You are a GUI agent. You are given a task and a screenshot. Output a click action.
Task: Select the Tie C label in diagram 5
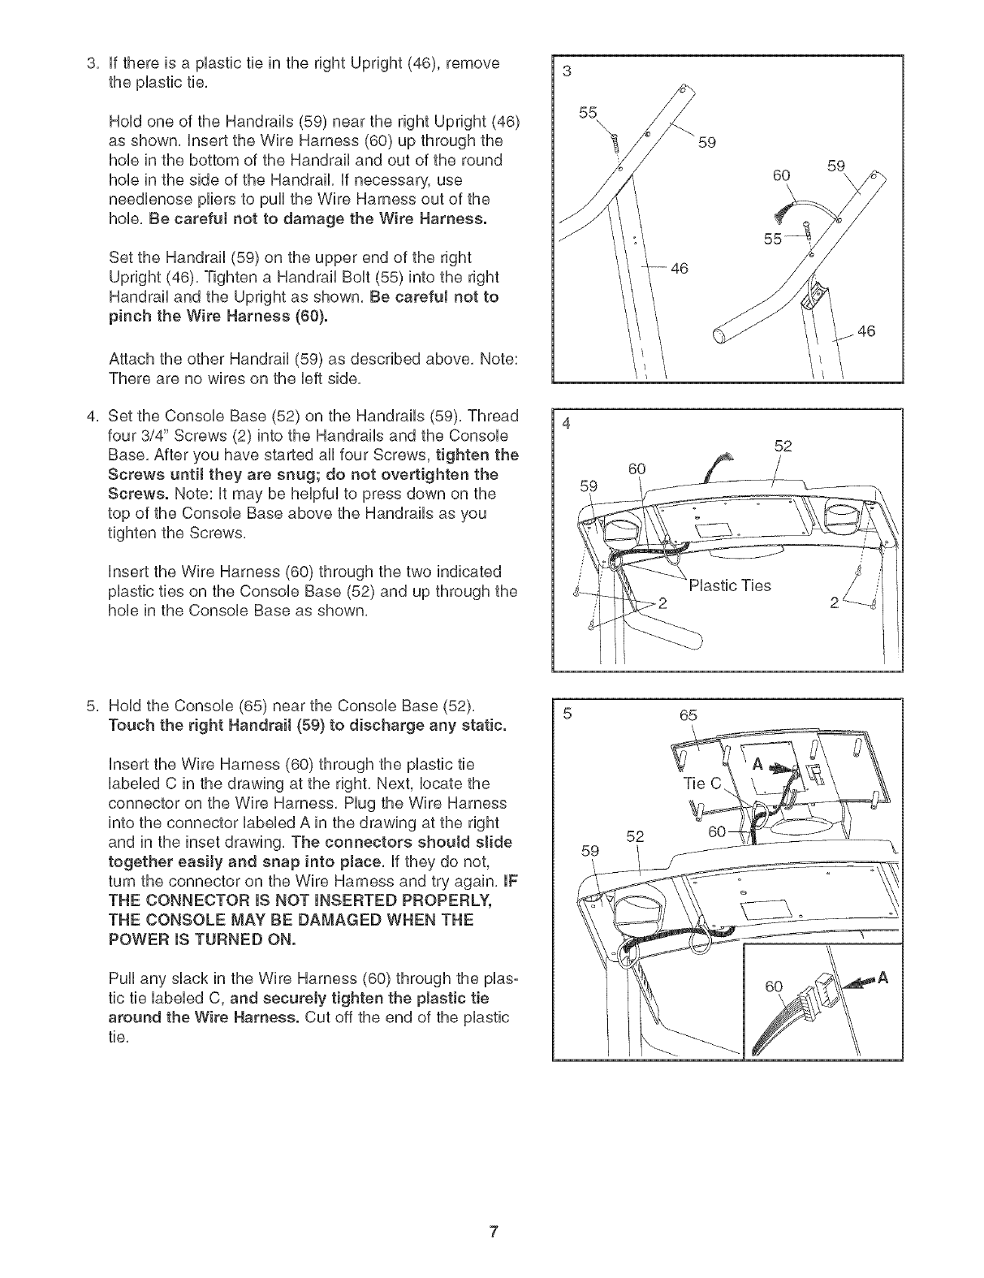702,784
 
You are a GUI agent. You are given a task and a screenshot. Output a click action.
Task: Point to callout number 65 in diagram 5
688,715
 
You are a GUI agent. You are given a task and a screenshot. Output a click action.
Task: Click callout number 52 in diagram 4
783,446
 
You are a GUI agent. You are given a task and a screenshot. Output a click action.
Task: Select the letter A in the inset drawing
884,978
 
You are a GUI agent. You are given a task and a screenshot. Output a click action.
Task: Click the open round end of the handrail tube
719,336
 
